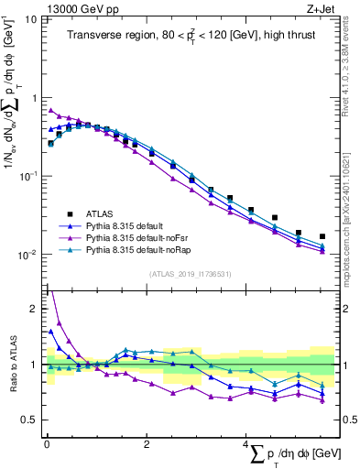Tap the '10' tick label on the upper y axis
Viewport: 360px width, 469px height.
click(x=31, y=19)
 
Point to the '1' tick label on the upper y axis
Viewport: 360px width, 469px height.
click(x=34, y=98)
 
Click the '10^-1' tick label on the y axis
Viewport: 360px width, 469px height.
click(x=28, y=176)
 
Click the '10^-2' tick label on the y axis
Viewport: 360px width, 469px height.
click(x=28, y=255)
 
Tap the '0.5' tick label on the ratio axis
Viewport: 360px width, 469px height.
click(x=30, y=420)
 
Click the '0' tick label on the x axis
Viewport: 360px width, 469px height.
click(x=47, y=444)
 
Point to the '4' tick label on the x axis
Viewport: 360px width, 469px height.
click(x=245, y=444)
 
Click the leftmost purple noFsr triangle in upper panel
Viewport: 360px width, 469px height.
click(x=50, y=110)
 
